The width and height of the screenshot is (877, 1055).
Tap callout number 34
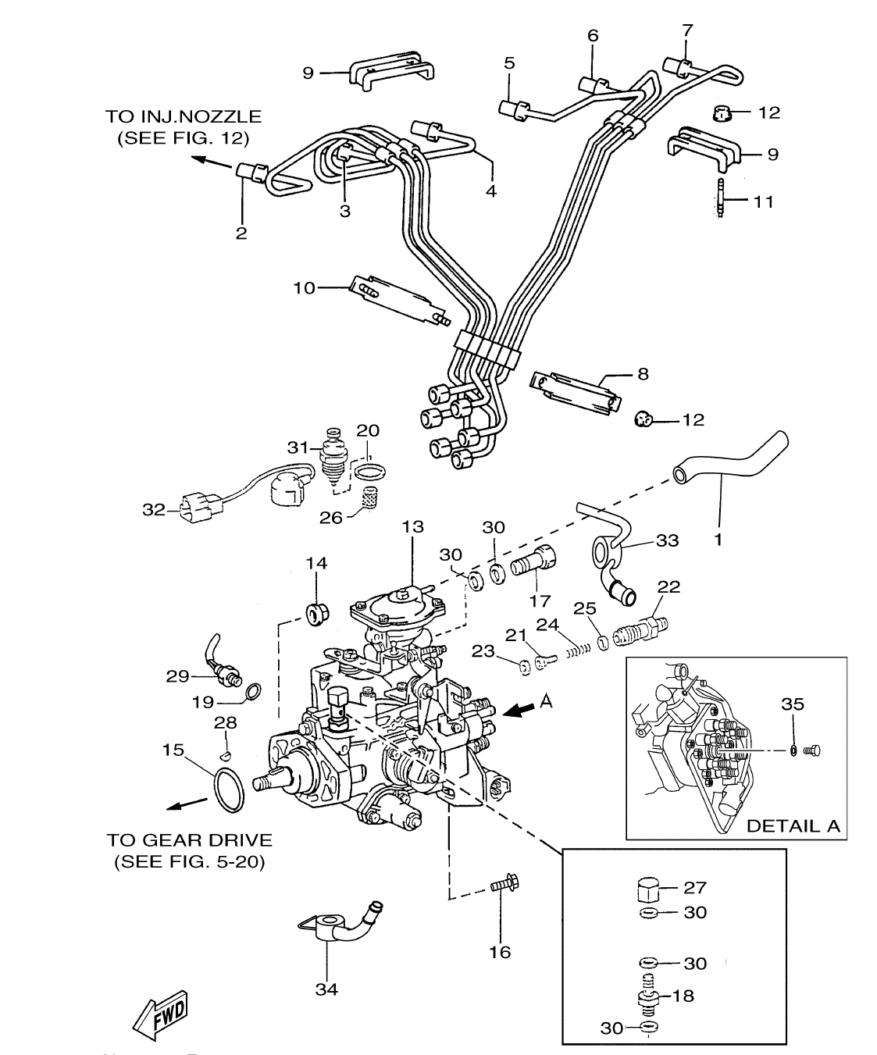[326, 989]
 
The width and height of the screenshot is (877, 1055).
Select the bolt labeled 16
[504, 886]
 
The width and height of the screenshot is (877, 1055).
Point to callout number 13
[413, 528]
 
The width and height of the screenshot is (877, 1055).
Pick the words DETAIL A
[793, 826]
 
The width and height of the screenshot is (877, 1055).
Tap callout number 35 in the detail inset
[793, 704]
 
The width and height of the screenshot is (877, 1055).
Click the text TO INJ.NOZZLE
[183, 116]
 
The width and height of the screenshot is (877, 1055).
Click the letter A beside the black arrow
[546, 702]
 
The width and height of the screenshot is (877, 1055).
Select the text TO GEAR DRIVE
[189, 840]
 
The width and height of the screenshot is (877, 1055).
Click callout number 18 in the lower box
[683, 996]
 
